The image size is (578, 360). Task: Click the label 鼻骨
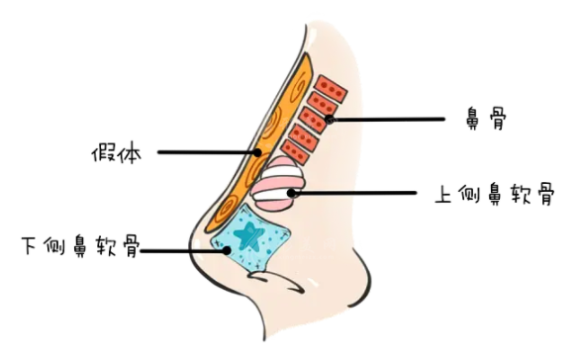[x=487, y=121]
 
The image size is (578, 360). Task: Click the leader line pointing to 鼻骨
[x=396, y=120]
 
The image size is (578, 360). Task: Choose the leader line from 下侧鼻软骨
[x=183, y=250]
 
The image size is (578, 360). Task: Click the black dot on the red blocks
[x=328, y=120]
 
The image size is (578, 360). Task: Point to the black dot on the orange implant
[x=257, y=152]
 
